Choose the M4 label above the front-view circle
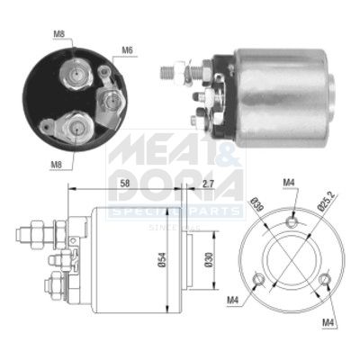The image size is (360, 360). pos(290,185)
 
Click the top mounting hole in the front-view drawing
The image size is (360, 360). pos(292,217)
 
